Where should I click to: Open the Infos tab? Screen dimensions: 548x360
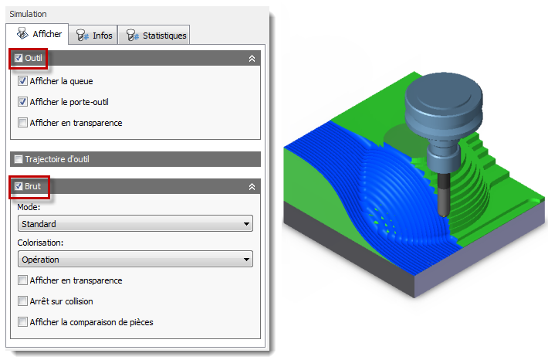click(x=93, y=36)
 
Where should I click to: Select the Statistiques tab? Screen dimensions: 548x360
click(x=154, y=36)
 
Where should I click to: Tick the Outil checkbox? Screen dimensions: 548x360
click(x=19, y=58)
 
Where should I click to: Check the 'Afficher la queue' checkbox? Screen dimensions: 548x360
click(x=22, y=81)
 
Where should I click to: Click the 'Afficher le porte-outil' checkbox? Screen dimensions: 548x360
click(x=22, y=102)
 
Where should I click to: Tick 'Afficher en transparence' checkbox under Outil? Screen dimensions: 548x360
click(x=22, y=123)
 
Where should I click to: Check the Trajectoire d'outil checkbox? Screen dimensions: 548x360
click(x=19, y=159)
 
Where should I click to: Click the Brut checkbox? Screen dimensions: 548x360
click(x=19, y=186)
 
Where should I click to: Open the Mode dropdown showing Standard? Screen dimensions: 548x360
click(x=135, y=223)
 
